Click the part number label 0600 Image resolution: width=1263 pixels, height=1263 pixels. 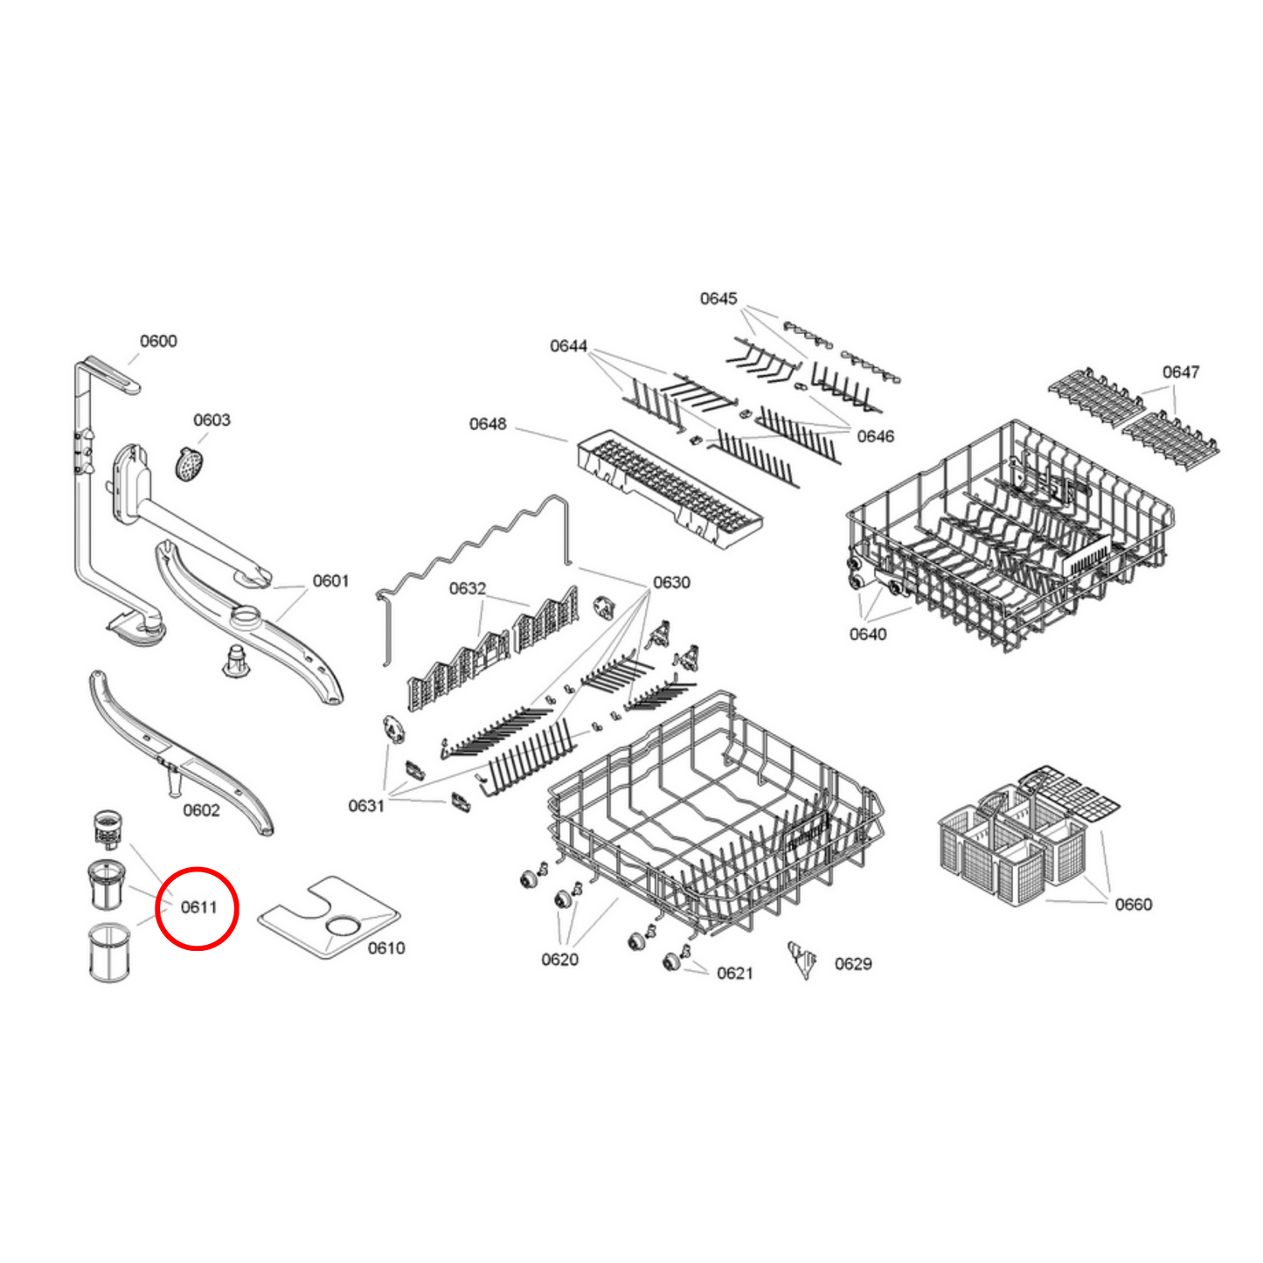(x=158, y=341)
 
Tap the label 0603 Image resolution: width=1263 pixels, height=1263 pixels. (x=212, y=420)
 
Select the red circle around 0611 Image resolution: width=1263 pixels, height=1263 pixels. (x=197, y=908)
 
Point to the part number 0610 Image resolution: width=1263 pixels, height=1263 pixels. (x=385, y=948)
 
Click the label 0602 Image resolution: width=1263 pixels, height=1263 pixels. (x=201, y=810)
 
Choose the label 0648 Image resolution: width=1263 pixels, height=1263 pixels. (x=488, y=424)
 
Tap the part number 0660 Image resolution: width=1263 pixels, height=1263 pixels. (x=1134, y=905)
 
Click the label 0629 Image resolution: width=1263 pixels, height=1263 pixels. (x=853, y=964)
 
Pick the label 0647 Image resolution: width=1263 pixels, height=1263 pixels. (x=1181, y=372)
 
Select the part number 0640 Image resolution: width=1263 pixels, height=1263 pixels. (x=868, y=634)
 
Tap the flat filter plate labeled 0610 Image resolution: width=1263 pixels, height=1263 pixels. (x=328, y=918)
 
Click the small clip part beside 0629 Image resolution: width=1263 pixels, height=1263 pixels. (x=802, y=959)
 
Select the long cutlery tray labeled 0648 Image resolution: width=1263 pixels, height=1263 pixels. (x=669, y=489)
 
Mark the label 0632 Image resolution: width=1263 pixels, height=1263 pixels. (x=468, y=589)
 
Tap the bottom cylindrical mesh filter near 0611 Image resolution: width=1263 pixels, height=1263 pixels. (x=109, y=953)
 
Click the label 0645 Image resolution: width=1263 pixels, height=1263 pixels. (x=718, y=299)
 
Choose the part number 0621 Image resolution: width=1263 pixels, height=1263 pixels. (x=734, y=974)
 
